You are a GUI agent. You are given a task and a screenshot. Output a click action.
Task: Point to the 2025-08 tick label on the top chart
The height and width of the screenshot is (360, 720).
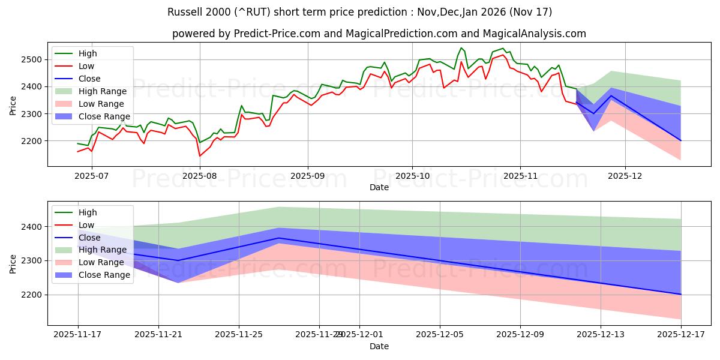click(x=199, y=176)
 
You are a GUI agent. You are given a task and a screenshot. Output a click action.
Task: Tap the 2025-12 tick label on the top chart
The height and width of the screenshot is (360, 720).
click(x=625, y=176)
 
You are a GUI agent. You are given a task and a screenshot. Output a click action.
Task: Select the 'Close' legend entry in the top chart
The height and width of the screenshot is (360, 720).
click(x=89, y=79)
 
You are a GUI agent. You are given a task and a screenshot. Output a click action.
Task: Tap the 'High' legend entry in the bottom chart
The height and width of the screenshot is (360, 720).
click(x=88, y=212)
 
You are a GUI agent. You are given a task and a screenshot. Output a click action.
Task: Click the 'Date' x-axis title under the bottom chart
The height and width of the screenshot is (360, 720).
click(x=379, y=346)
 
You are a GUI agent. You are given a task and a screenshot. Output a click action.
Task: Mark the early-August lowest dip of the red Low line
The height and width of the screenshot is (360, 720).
click(x=200, y=156)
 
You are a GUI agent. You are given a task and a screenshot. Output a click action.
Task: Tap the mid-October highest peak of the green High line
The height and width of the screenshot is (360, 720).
click(x=461, y=48)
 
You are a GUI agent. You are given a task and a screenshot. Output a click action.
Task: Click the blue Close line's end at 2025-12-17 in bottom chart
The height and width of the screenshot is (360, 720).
click(x=681, y=294)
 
